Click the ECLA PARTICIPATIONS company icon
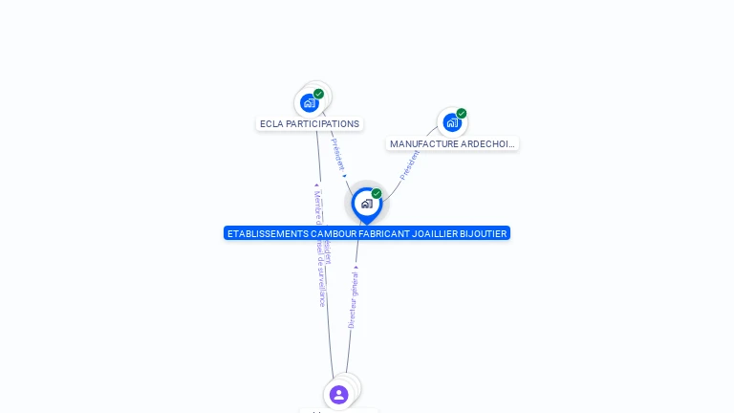point(310,102)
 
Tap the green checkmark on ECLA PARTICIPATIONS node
point(319,94)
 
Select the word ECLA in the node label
point(272,124)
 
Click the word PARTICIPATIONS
point(323,124)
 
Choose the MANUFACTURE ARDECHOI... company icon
point(452,122)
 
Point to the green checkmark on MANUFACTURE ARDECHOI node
point(462,114)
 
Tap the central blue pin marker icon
point(366,204)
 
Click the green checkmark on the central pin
point(377,194)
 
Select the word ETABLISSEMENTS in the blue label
point(269,233)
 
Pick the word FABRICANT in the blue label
point(390,233)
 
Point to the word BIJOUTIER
point(484,233)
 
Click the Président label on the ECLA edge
point(337,153)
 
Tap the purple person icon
point(338,394)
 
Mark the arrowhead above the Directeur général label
point(356,269)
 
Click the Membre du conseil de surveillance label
point(320,249)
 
